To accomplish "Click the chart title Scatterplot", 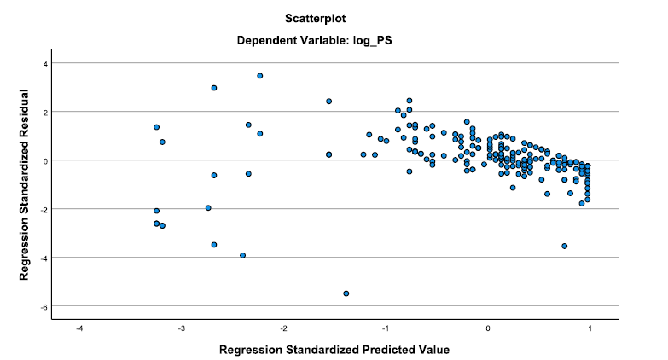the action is point(316,19).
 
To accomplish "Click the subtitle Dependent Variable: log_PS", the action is point(315,41).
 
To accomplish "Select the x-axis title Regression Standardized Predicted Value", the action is point(334,350).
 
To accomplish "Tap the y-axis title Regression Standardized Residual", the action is point(24,184).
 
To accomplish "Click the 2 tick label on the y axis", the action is point(45,112).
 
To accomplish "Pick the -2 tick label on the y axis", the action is point(44,209).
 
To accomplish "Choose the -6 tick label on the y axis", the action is point(44,307).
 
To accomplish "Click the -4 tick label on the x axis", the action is point(79,328).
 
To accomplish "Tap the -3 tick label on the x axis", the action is point(182,328).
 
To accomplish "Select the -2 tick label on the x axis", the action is point(284,328).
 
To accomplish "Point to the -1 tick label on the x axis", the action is point(386,328).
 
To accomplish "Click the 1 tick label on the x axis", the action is point(590,328).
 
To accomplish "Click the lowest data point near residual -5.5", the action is point(346,293).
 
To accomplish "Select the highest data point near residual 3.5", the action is point(260,76).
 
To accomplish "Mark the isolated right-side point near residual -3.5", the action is point(565,247).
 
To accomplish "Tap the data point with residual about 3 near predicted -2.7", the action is point(214,88).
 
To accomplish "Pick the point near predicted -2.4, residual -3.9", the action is point(243,256).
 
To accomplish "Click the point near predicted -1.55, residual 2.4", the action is point(329,102).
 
